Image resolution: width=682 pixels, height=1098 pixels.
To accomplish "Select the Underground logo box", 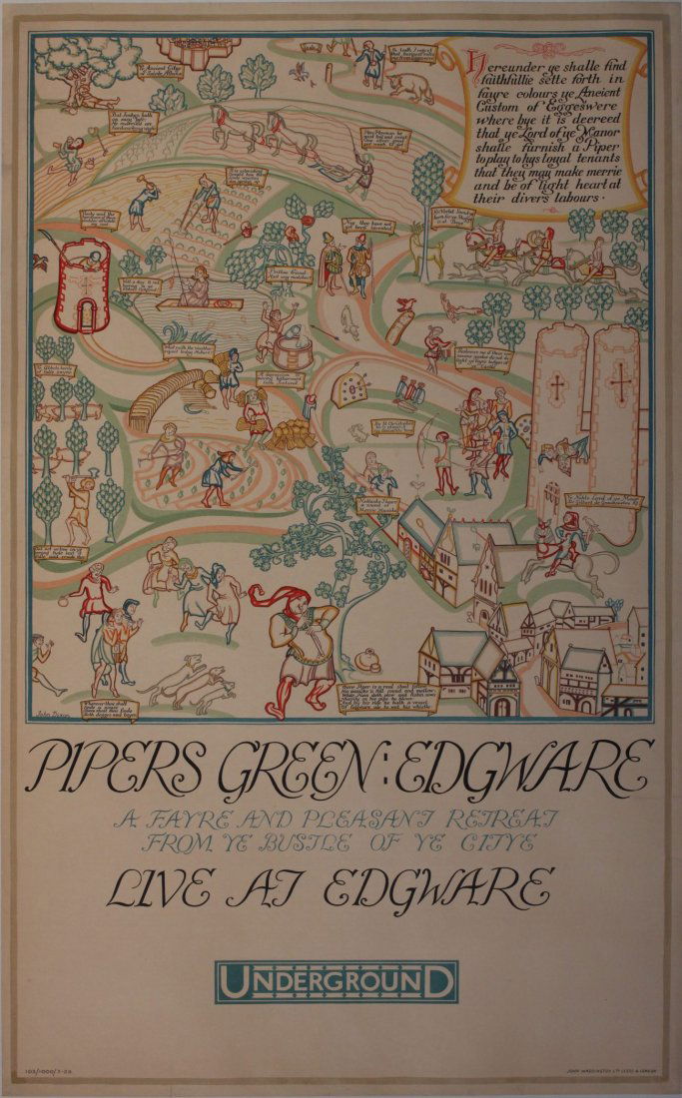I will [x=341, y=981].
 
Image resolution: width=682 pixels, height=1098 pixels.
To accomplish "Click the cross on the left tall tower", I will [x=557, y=383].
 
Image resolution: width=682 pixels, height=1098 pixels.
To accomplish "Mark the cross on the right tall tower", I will [x=620, y=383].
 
